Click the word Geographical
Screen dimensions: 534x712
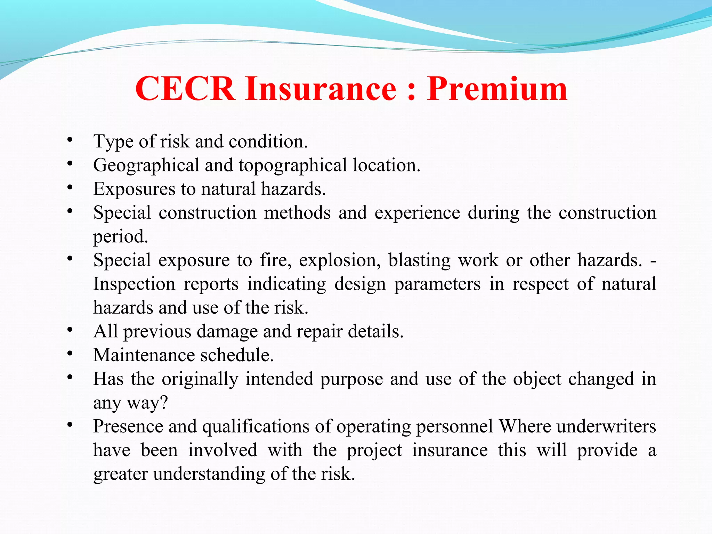(146, 165)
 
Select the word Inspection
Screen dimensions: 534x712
(134, 284)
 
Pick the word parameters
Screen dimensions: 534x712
(437, 284)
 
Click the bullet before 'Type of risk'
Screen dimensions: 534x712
(70, 140)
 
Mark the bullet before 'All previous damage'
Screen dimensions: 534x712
(70, 330)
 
